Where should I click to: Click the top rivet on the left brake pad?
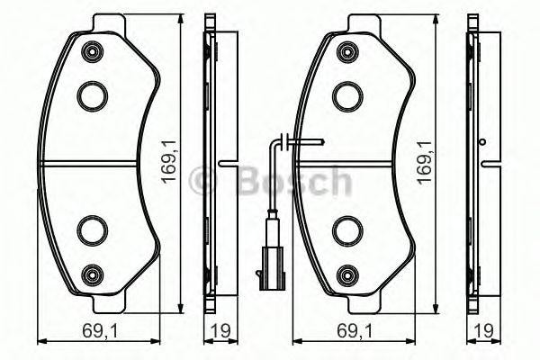pyautogui.click(x=92, y=53)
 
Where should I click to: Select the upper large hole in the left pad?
pyautogui.click(x=92, y=94)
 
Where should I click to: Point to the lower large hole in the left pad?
pyautogui.click(x=92, y=230)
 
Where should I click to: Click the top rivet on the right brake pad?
pyautogui.click(x=346, y=53)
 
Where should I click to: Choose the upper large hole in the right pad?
pyautogui.click(x=346, y=94)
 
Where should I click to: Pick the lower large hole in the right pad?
pyautogui.click(x=346, y=230)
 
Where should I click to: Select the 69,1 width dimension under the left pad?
pyautogui.click(x=84, y=330)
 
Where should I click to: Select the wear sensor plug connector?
pyautogui.click(x=268, y=256)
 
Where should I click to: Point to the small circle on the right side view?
pyautogui.click(x=483, y=141)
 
